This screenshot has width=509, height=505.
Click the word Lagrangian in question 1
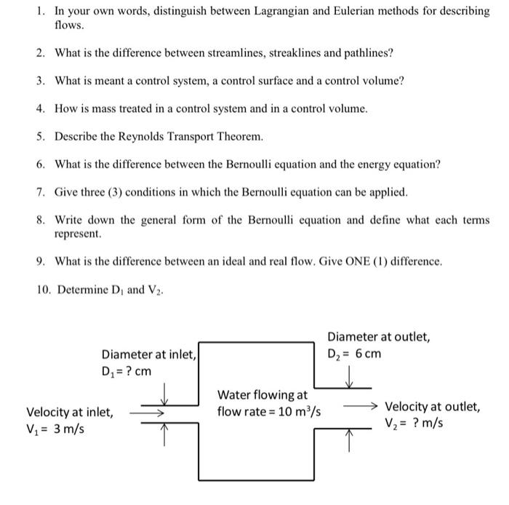(284, 12)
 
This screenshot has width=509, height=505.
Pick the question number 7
(41, 193)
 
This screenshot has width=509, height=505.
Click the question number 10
(44, 290)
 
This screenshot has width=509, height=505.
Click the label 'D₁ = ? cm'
(127, 371)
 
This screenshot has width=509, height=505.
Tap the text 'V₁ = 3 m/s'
(55, 429)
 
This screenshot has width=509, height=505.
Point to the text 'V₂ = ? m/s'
(414, 423)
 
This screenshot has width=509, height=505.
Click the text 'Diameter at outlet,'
(378, 337)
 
